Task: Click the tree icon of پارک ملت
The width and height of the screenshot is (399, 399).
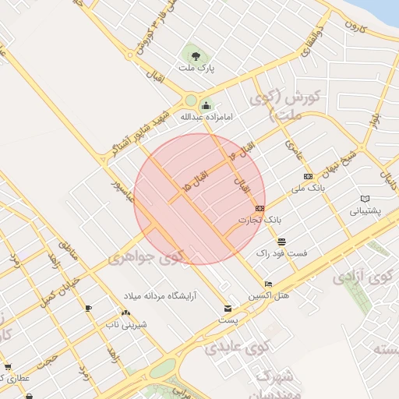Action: [196, 56]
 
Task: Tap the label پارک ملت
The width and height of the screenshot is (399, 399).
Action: [196, 69]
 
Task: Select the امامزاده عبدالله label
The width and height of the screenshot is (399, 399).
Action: [207, 117]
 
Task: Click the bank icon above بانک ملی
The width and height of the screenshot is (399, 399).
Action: [308, 176]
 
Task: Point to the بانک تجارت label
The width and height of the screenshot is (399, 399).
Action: [259, 220]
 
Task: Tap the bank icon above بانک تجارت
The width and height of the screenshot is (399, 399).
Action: [260, 208]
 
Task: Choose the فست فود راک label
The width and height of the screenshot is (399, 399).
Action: [281, 253]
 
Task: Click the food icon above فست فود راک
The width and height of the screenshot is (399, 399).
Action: [281, 242]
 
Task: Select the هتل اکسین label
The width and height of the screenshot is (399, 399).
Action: [268, 295]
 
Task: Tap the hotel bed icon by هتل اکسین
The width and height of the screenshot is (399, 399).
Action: [269, 284]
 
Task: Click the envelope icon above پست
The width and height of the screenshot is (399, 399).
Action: [228, 308]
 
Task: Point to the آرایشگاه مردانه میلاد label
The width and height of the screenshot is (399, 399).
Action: [172, 296]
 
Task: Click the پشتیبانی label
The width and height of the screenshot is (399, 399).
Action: [366, 210]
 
